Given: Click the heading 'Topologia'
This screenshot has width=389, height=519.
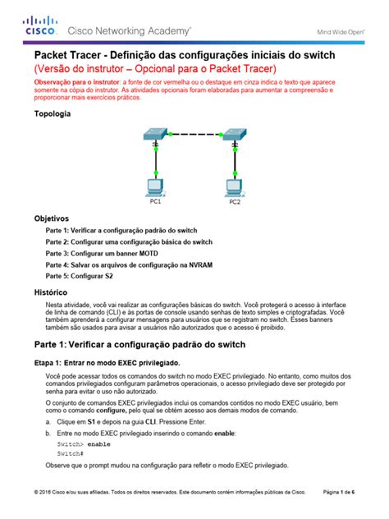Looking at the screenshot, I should click(x=53, y=117).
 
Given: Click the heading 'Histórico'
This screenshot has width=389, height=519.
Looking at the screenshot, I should click(x=51, y=292).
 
